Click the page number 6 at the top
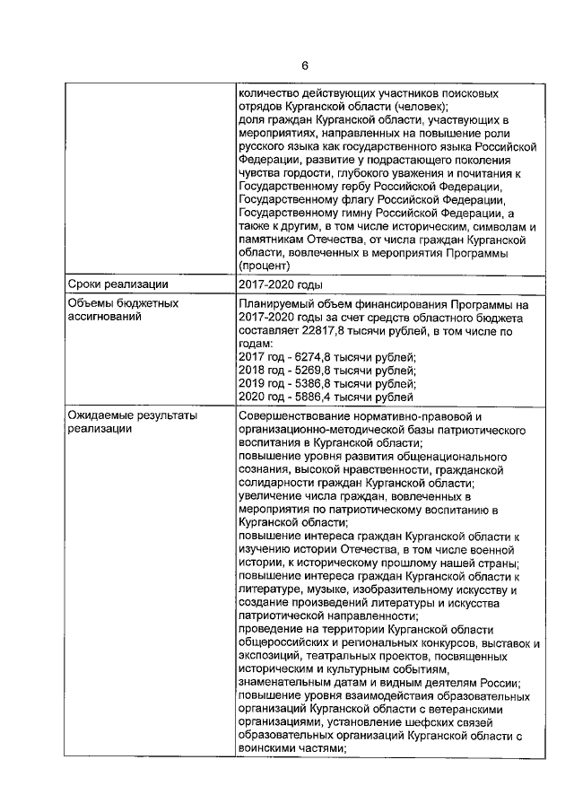304,66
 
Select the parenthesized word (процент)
267,266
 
